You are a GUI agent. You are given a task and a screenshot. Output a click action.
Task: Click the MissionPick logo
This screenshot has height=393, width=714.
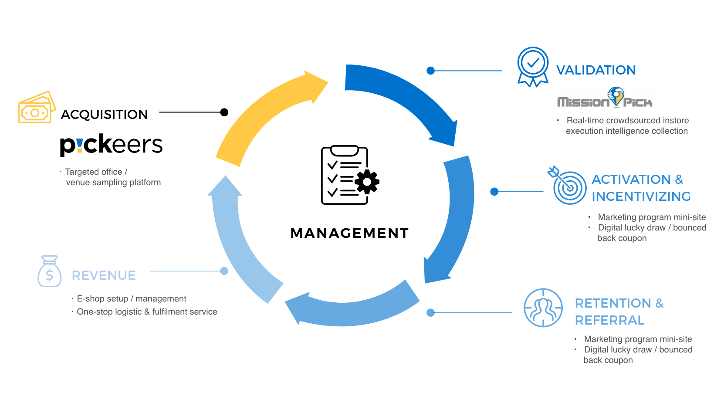(605, 98)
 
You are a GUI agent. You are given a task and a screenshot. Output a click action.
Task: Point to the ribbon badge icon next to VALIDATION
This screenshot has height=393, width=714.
(532, 67)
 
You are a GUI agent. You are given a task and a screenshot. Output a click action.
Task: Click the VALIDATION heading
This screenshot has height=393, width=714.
(596, 70)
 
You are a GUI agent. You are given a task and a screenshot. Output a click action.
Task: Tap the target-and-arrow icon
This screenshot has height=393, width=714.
(568, 186)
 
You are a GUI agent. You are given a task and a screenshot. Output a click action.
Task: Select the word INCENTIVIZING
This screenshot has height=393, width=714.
(641, 196)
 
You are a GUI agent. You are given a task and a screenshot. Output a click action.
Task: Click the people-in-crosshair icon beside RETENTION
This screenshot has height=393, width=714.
(543, 308)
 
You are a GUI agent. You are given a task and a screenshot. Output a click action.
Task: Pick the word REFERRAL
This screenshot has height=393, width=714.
(609, 320)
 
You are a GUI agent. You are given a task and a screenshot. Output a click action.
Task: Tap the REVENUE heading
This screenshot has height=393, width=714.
(104, 275)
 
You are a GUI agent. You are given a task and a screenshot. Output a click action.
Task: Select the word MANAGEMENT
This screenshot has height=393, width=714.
(349, 233)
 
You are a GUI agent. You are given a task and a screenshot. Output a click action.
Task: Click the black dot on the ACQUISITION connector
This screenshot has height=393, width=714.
(224, 112)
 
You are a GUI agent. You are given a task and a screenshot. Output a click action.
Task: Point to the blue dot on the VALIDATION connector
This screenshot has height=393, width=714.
(431, 71)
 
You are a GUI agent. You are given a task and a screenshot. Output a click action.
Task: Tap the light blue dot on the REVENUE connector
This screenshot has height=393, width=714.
(224, 271)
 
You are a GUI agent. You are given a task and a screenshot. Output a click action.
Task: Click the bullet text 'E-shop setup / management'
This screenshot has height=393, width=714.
(131, 298)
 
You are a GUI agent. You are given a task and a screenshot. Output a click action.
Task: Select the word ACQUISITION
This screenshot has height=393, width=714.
(104, 114)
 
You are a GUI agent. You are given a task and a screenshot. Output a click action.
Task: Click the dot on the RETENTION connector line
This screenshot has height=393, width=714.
(431, 312)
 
